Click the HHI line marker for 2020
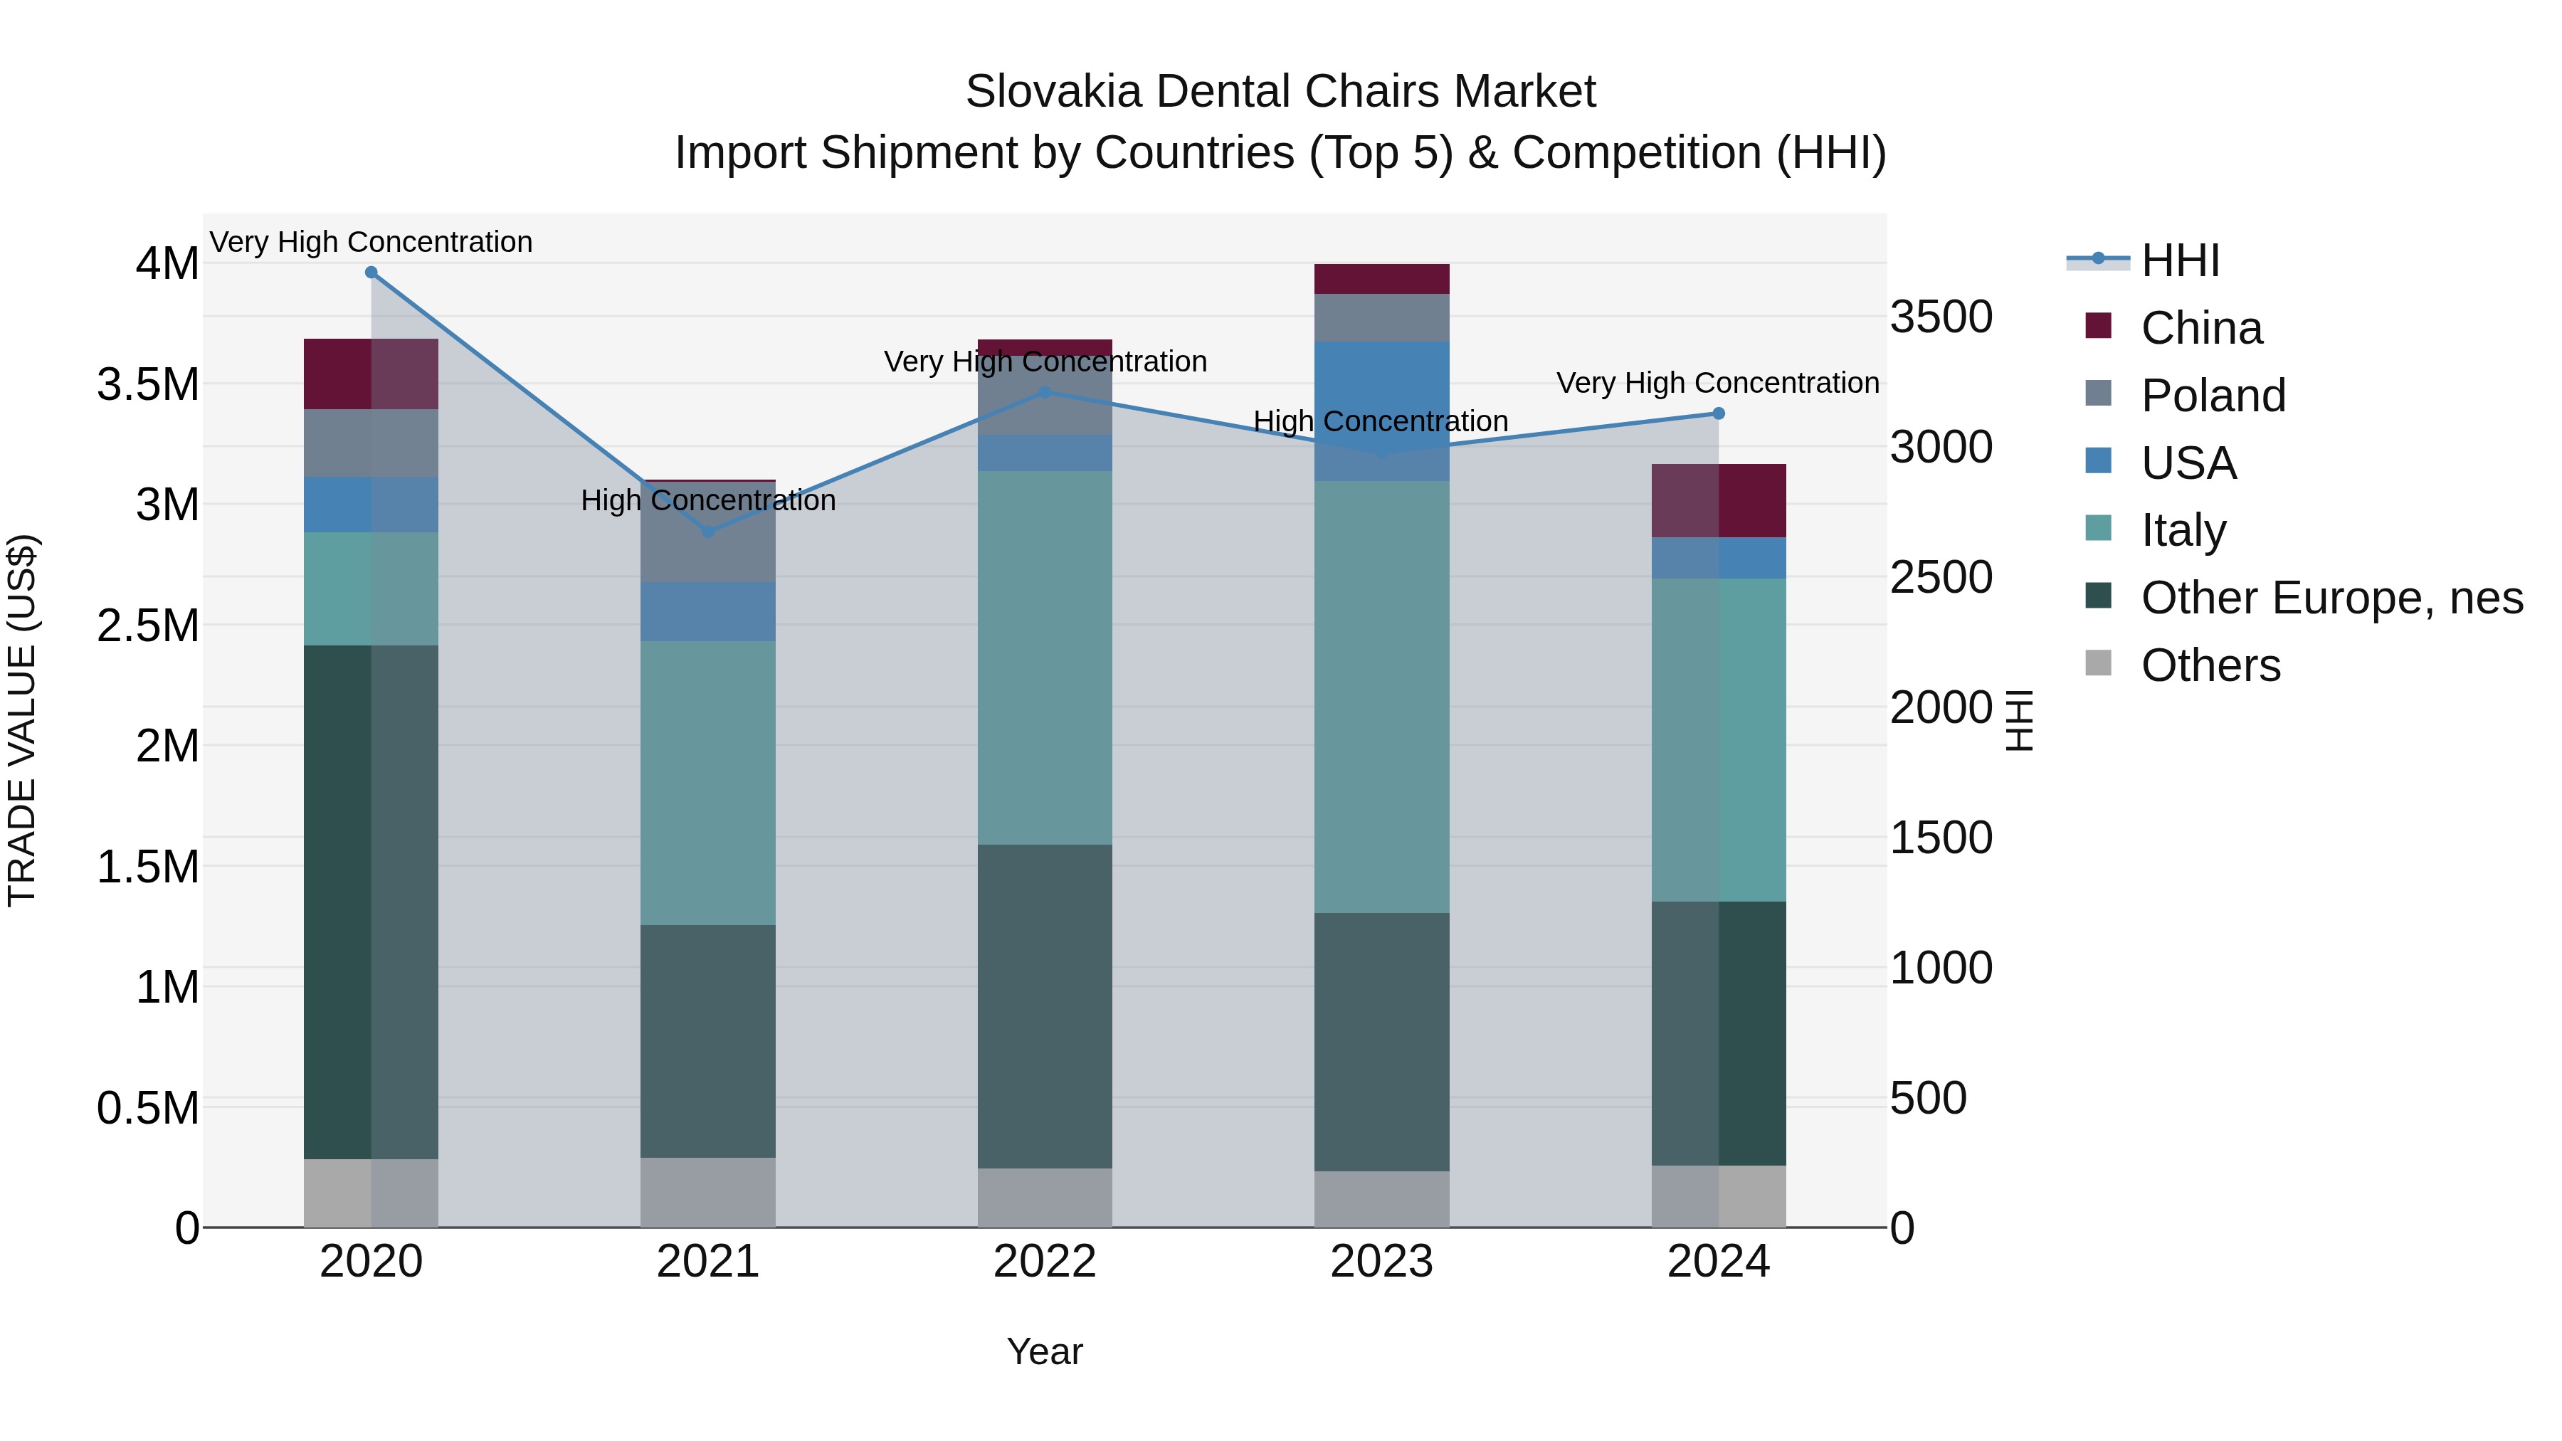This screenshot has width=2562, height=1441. pos(371,272)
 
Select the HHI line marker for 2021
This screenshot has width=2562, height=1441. pos(708,532)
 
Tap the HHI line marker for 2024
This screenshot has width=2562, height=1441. pos(1719,413)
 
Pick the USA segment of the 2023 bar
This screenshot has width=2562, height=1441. pos(1381,411)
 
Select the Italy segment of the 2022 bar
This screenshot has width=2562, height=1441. pos(1044,658)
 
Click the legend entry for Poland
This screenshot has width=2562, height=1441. pos(2213,396)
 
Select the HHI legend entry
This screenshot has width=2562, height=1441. pos(2178,260)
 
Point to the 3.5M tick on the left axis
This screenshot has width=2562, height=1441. pos(148,384)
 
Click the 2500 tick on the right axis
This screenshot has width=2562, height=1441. pos(1941,577)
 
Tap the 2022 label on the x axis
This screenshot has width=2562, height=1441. pos(1044,1262)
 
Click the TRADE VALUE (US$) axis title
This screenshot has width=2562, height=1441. pos(22,720)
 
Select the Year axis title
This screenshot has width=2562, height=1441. pos(1044,1351)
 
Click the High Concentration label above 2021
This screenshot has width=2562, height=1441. pos(708,500)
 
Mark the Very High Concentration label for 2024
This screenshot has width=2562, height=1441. pos(1718,383)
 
